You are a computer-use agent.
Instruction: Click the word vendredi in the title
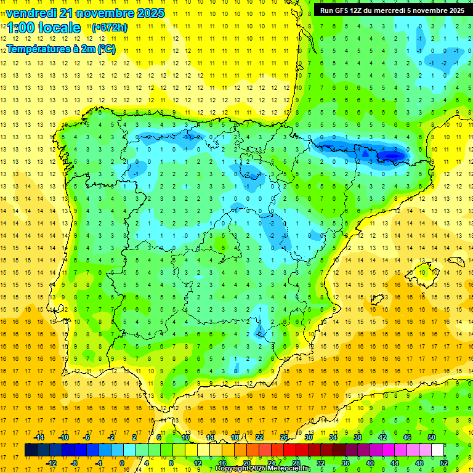30,12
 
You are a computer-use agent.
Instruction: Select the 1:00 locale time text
44,28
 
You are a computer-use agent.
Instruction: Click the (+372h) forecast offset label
110,28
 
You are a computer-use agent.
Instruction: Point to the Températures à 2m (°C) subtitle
61,49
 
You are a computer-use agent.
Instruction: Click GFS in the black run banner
348,10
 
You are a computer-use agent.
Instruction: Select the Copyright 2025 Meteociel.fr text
264,469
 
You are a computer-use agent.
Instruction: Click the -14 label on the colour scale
39,437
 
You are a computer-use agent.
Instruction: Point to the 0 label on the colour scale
121,463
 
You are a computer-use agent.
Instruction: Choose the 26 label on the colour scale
284,437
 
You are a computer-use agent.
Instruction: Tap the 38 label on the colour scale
358,437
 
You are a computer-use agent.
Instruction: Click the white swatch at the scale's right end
438,450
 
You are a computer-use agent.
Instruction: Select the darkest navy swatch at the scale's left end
31,450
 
